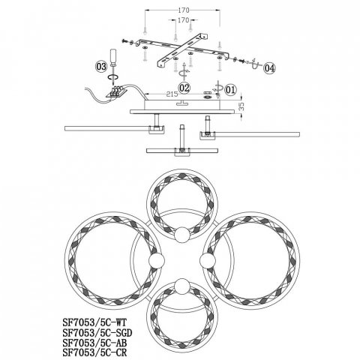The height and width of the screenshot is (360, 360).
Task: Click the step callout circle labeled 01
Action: coord(230,89)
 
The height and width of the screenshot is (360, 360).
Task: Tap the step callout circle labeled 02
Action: coord(184,88)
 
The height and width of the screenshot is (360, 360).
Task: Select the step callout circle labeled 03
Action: coord(101,67)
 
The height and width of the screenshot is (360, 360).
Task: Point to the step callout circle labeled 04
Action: coord(269,68)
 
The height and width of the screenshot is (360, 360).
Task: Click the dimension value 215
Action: coord(172,94)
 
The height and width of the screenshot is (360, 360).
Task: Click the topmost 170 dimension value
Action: coord(184,10)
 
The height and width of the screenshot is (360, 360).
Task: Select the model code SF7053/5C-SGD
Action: coord(97,333)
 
